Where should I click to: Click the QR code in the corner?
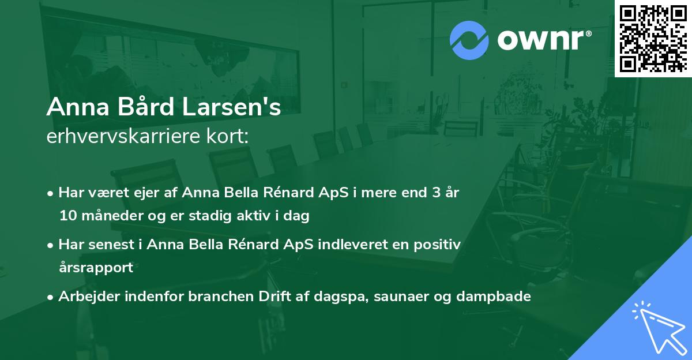point(653,38)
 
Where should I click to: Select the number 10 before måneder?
point(66,216)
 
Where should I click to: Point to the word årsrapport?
point(96,267)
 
